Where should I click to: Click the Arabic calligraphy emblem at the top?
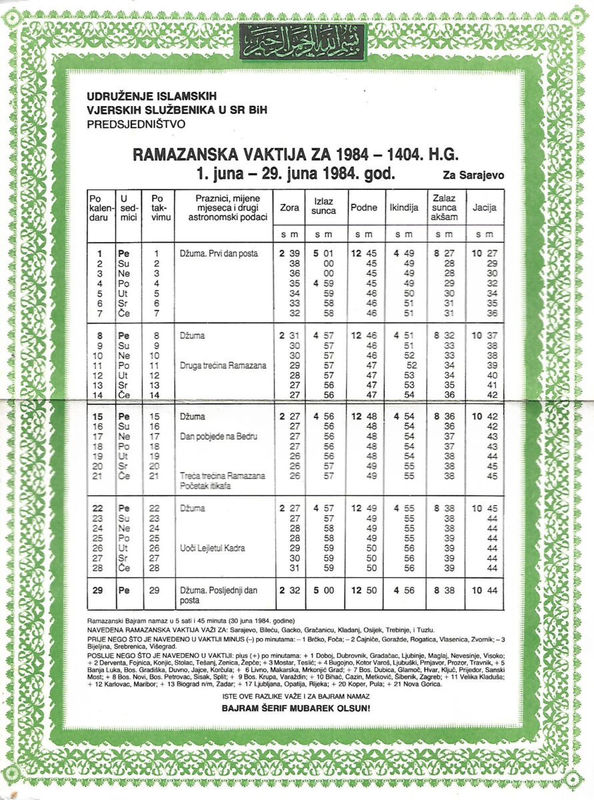click(x=302, y=41)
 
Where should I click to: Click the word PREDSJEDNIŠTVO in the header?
click(x=136, y=123)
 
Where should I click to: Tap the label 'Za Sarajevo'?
click(x=473, y=176)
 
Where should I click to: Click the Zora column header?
click(x=289, y=208)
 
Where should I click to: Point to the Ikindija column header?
click(x=403, y=208)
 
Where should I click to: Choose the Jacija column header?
click(x=485, y=208)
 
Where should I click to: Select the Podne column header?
click(x=363, y=208)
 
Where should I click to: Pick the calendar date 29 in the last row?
click(x=99, y=590)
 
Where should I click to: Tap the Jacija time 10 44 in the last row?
click(x=485, y=590)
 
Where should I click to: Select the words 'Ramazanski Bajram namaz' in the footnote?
click(x=117, y=620)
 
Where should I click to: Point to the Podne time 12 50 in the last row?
click(x=363, y=590)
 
